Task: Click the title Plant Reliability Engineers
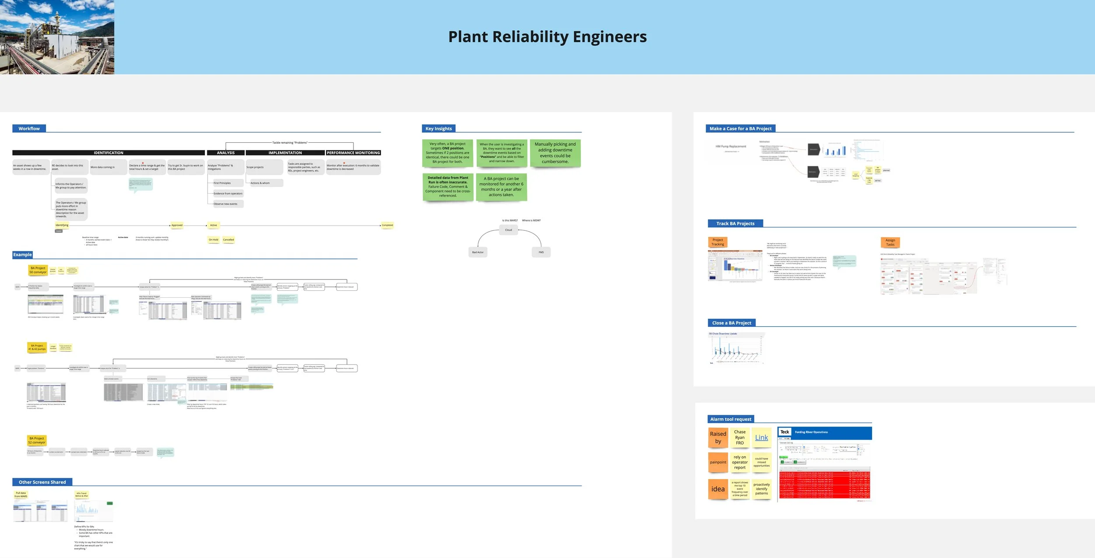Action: pos(547,37)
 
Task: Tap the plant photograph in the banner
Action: pos(57,37)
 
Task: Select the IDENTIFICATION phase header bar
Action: pos(108,153)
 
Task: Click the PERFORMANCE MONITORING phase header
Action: pos(353,153)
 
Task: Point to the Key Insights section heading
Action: pos(438,129)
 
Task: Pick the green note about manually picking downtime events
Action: pos(555,153)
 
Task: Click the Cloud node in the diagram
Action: pos(508,230)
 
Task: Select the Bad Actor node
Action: pos(477,252)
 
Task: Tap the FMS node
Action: pos(541,252)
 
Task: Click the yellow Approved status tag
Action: pos(177,225)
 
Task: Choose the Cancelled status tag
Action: pos(228,240)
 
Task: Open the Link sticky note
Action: pos(761,438)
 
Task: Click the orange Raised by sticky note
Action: pos(718,438)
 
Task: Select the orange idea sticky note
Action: pos(718,489)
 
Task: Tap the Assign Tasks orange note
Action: pos(890,242)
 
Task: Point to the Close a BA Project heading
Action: pos(731,323)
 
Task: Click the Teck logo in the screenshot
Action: pos(785,432)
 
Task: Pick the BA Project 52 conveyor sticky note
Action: pos(37,440)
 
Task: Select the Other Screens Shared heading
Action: pos(42,482)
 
